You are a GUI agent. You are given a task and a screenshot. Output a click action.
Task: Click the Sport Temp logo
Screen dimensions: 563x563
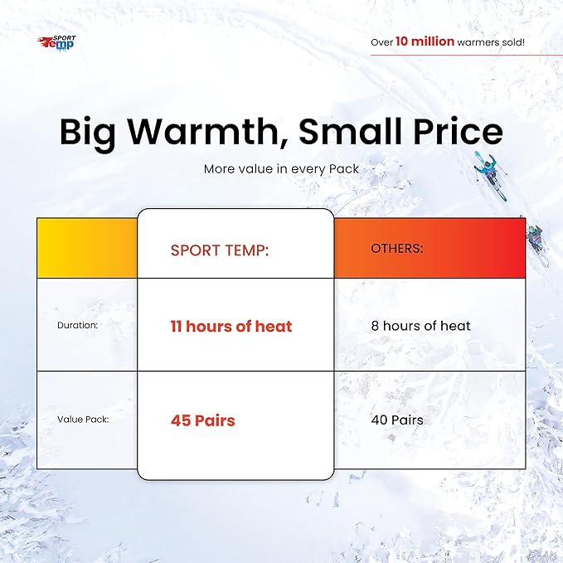coord(56,43)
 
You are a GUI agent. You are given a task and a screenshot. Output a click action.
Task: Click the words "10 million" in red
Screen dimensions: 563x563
coord(425,41)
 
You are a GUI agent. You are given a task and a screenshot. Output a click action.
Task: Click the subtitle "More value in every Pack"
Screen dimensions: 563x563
coord(281,169)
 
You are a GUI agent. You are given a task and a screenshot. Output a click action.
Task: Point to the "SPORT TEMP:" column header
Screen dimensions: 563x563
coord(220,250)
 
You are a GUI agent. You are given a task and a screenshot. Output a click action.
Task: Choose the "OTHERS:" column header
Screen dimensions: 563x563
coord(397,248)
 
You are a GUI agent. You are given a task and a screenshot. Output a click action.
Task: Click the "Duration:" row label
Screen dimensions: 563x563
coord(78,325)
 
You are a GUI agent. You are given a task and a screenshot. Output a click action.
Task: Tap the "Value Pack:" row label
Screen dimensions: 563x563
coord(83,420)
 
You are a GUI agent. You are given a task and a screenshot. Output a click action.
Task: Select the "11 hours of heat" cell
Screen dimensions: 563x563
coord(231,326)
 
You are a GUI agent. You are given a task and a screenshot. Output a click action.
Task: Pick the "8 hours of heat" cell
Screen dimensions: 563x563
coord(420,326)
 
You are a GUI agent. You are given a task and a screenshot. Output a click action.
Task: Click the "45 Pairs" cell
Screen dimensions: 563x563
coord(203,420)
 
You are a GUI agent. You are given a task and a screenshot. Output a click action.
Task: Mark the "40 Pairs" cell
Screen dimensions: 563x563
coord(397,420)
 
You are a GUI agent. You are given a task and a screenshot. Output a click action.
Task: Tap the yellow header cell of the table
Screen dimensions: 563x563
coord(87,248)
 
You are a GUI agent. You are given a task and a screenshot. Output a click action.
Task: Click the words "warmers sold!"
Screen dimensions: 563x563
coord(491,42)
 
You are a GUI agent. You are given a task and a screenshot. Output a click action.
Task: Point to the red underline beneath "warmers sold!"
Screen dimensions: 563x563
coord(467,56)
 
